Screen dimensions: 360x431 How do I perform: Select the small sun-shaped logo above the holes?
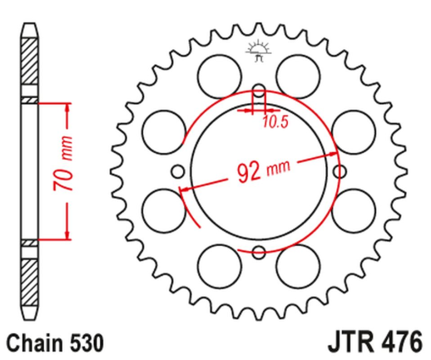(x=257, y=51)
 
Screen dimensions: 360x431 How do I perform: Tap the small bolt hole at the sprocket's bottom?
(x=258, y=252)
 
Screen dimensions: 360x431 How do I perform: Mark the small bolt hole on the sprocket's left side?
(x=177, y=171)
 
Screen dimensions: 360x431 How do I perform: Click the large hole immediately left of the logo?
(x=217, y=72)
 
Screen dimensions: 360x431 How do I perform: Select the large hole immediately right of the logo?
(x=298, y=72)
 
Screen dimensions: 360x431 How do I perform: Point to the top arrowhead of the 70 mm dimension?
(x=63, y=108)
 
